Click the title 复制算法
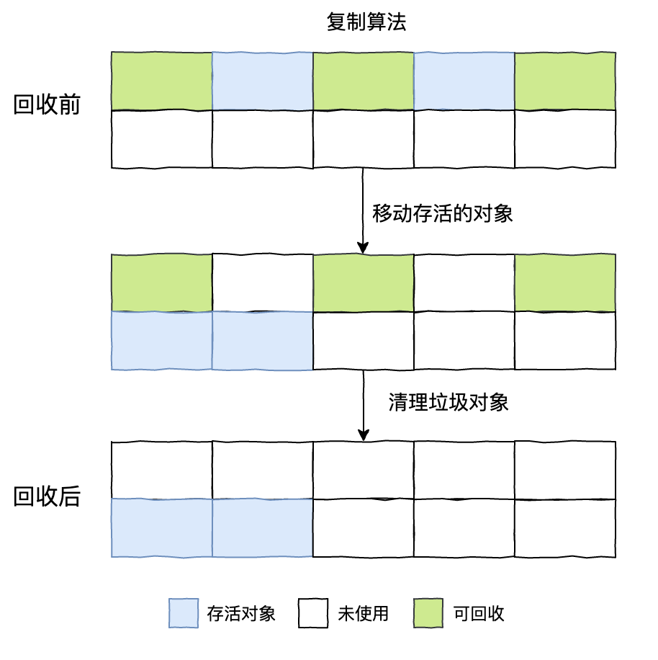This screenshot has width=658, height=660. (366, 22)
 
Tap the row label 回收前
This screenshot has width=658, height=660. (47, 105)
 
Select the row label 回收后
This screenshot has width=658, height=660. (47, 496)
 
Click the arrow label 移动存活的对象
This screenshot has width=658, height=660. (442, 213)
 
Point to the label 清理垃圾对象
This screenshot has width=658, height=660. (449, 402)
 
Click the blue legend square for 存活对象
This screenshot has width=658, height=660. (184, 613)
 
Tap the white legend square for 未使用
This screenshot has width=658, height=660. (313, 613)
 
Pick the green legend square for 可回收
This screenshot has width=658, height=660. (428, 613)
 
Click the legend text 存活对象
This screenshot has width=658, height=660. (240, 614)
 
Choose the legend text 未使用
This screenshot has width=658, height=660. (363, 614)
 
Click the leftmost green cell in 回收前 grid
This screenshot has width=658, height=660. (162, 81)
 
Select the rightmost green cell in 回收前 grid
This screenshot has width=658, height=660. (565, 81)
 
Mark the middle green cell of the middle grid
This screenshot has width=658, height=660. (364, 282)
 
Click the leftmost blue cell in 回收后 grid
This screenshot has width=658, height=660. (162, 527)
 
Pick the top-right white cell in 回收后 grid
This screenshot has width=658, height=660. (565, 470)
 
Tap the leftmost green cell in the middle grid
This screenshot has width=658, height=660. (162, 282)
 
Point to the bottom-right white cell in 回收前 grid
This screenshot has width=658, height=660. (565, 138)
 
